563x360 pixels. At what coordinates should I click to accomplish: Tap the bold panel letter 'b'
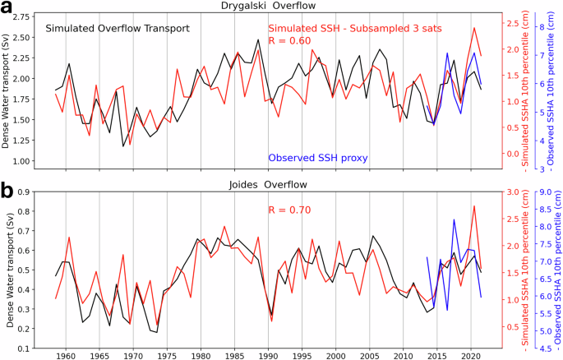[x=7, y=190]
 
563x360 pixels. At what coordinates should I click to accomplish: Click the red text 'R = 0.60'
[x=291, y=41]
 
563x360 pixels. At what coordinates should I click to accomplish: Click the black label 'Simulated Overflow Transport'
[x=118, y=28]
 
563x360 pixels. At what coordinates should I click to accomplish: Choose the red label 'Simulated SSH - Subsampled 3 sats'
[x=355, y=28]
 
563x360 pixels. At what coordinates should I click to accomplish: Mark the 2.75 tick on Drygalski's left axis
[x=26, y=16]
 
